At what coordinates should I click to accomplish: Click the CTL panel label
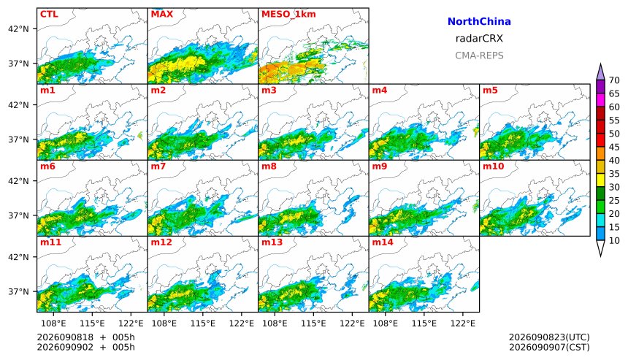pos(49,15)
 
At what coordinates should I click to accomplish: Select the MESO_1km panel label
pos(288,15)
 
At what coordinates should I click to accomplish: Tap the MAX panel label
pos(162,15)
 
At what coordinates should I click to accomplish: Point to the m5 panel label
pos(490,91)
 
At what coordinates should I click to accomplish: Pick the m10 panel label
pos(493,166)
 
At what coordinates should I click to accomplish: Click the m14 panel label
pos(383,242)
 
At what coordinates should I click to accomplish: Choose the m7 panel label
pos(158,166)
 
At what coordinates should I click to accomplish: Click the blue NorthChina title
pos(479,22)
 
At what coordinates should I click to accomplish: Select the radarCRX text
pos(479,39)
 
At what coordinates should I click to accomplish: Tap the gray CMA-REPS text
pos(479,55)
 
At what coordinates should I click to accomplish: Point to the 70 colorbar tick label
pos(614,80)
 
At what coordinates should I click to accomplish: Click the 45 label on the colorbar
pos(614,147)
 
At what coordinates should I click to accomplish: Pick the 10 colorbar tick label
pos(614,241)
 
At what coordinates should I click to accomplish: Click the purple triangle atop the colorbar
pos(600,73)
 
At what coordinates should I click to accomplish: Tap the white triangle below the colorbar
pos(600,247)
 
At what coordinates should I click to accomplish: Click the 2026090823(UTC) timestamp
pos(549,337)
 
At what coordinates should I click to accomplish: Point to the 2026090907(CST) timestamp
pos(549,347)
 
